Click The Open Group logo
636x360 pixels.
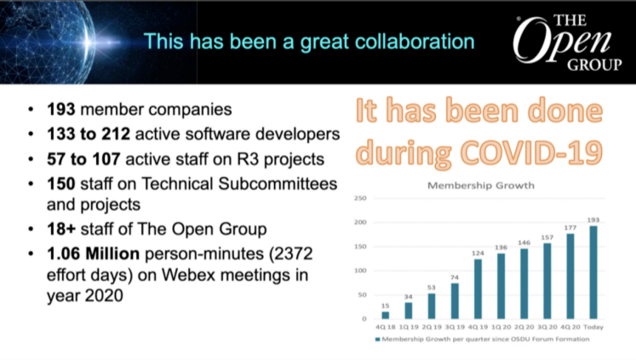[x=567, y=43]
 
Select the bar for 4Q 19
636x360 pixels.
[x=478, y=289]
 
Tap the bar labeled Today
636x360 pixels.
[x=593, y=272]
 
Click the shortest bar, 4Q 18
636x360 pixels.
[x=386, y=315]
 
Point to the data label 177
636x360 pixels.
[x=570, y=228]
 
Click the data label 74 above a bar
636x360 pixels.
[x=455, y=277]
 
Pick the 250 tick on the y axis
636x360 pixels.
[x=360, y=198]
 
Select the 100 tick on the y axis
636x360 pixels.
[x=360, y=271]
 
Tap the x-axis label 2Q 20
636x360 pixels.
[x=524, y=327]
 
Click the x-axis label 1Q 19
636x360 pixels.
[x=409, y=327]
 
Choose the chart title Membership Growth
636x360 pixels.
[x=481, y=186]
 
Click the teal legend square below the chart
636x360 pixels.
[x=378, y=340]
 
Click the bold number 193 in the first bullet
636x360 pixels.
[x=60, y=110]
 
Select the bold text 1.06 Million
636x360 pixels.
[x=94, y=254]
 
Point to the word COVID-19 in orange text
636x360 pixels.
[x=531, y=152]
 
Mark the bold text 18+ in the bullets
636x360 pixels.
[x=61, y=229]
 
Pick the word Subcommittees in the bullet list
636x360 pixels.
[x=278, y=184]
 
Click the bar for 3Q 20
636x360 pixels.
[x=547, y=281]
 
